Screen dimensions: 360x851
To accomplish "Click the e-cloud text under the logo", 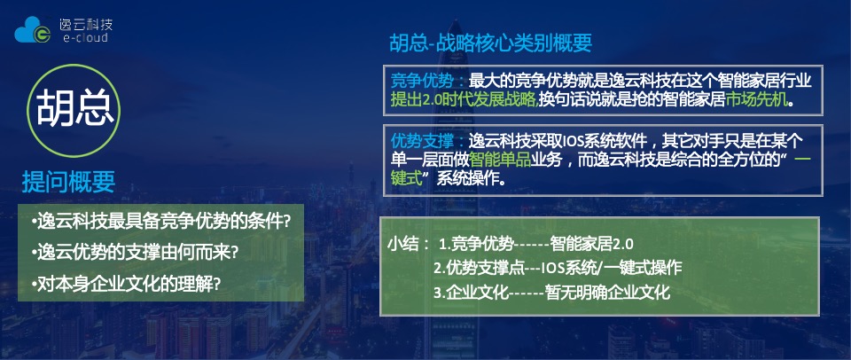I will click(86, 40).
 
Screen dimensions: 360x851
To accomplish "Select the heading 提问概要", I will click(68, 182).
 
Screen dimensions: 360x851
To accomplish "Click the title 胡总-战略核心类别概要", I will click(490, 43).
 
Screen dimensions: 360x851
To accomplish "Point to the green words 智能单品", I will click(501, 160).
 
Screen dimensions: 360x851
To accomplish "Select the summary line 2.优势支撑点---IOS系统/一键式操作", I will click(557, 268).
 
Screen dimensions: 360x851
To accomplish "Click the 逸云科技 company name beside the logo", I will click(86, 23).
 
